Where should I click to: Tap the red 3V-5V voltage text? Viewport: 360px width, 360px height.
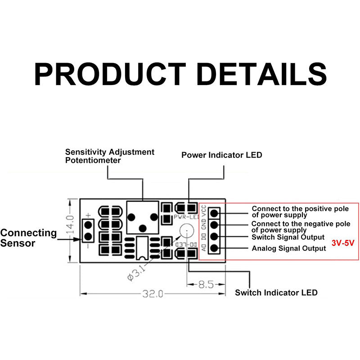point(343,243)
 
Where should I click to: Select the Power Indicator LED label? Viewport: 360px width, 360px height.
point(221,155)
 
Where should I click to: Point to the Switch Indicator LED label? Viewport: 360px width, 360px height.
point(276,292)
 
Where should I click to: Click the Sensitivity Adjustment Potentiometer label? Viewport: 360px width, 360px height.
point(109,156)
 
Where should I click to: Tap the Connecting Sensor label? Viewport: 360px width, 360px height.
point(28,238)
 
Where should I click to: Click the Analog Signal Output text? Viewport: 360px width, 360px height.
point(288,248)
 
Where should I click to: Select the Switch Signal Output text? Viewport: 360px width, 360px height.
point(288,237)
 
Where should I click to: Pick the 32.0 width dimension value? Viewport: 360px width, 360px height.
point(153,294)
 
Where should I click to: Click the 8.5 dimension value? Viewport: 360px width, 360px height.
point(206,284)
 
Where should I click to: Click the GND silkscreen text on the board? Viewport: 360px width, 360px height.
point(204,224)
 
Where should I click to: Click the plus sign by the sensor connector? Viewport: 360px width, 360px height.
point(88,215)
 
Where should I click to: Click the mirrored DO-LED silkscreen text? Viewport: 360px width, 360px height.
point(185,244)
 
